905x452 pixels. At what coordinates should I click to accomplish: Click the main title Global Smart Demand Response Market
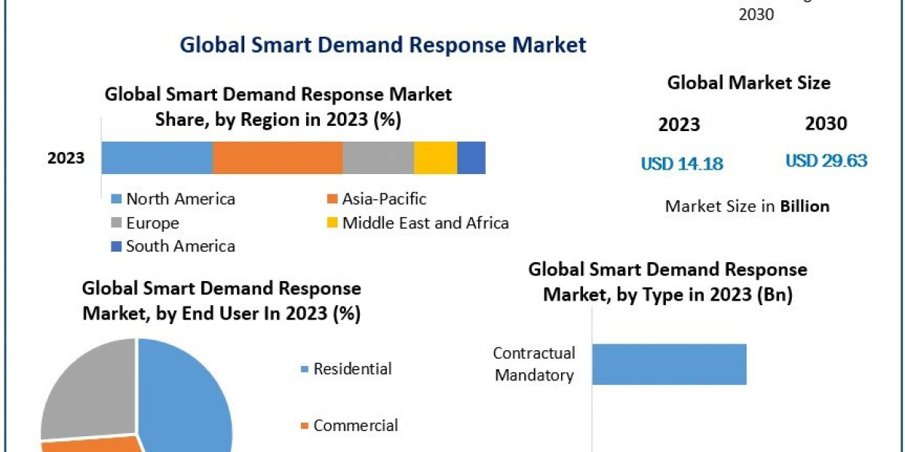[x=382, y=44]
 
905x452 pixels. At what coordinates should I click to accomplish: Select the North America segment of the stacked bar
[x=157, y=157]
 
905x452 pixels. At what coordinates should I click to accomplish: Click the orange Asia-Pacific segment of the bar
[x=278, y=157]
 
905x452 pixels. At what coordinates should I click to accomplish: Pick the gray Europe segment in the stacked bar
[x=378, y=157]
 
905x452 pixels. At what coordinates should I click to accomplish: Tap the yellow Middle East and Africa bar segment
[x=435, y=157]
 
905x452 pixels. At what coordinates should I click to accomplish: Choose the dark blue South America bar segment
[x=471, y=157]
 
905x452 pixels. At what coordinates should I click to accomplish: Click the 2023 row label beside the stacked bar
[x=66, y=158]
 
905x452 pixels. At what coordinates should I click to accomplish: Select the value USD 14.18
[x=682, y=163]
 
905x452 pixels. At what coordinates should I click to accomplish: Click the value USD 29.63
[x=826, y=160]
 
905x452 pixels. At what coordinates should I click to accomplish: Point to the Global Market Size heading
[x=748, y=83]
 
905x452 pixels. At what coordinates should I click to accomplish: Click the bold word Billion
[x=804, y=206]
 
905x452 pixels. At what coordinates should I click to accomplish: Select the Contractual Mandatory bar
[x=669, y=365]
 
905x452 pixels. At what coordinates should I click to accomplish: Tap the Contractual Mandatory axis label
[x=534, y=364]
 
